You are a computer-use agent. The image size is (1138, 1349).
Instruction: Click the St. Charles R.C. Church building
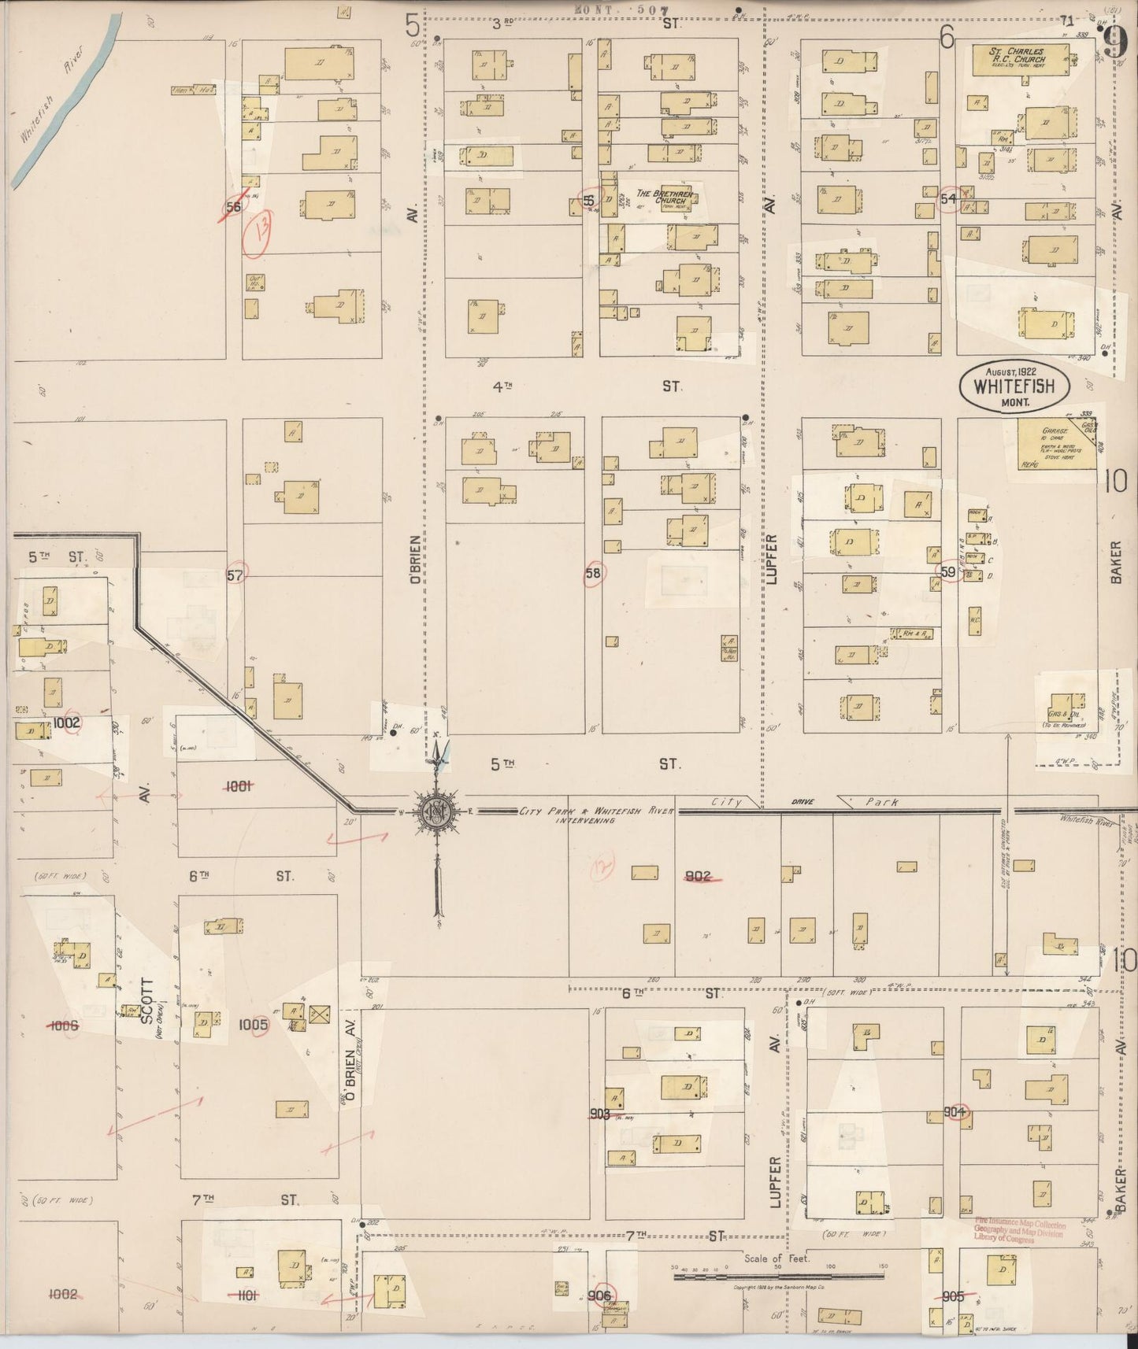tap(1019, 60)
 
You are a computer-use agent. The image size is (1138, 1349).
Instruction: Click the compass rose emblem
tap(435, 812)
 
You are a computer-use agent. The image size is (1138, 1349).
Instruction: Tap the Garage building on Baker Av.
tap(1056, 445)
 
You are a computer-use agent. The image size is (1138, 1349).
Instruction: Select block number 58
tap(592, 574)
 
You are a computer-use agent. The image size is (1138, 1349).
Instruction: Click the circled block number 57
tap(235, 575)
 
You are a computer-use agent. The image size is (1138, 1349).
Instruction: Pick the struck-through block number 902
tap(699, 876)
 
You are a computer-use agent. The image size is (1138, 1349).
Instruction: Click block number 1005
tap(254, 1025)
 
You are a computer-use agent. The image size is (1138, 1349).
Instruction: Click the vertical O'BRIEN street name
tap(415, 559)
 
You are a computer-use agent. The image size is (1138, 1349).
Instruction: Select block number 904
tap(955, 1112)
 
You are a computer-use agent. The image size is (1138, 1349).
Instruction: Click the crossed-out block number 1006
tap(64, 1025)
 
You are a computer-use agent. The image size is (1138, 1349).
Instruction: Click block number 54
tap(948, 199)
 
